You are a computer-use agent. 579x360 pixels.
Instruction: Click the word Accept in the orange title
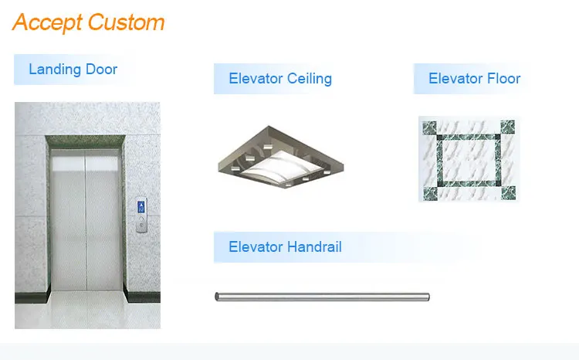[x=48, y=22]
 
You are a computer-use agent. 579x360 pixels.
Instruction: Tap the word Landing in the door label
[x=55, y=70]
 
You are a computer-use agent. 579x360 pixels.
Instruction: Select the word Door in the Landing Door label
[x=101, y=70]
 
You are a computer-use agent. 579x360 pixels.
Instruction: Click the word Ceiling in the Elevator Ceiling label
[x=309, y=78]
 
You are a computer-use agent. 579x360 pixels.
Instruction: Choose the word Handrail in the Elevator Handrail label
[x=312, y=247]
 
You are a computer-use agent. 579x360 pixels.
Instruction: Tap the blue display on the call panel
[x=141, y=206]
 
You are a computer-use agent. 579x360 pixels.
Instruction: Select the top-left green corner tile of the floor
[x=428, y=126]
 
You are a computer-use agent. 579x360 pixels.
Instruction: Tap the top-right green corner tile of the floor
[x=507, y=126]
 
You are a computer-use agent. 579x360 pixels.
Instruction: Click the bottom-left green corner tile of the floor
[x=428, y=192]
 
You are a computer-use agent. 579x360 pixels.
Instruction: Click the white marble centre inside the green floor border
[x=468, y=159]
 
